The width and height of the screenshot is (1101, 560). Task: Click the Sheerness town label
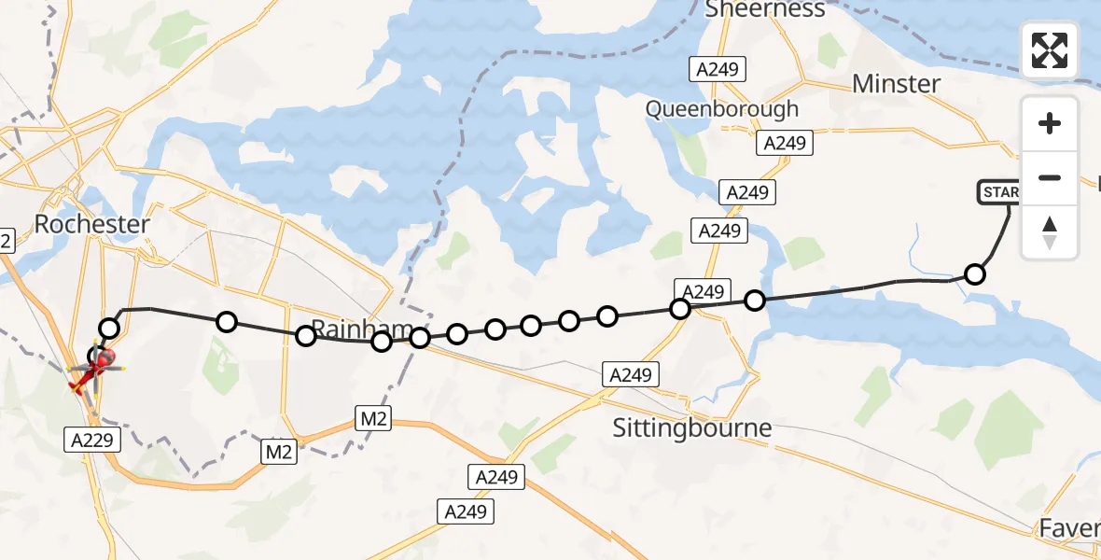(765, 9)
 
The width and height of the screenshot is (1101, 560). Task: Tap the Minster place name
(897, 84)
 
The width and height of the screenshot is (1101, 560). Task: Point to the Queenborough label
(722, 109)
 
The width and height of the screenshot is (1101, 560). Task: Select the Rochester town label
(91, 224)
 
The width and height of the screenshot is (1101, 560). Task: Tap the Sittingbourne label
(691, 428)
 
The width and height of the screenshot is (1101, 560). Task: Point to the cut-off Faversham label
(1073, 529)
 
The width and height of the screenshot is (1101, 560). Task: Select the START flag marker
(1000, 193)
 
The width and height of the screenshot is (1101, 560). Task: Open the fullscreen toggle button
(1050, 50)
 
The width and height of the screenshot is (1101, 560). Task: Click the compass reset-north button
(1050, 232)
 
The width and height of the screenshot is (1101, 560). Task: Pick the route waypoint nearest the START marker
(975, 274)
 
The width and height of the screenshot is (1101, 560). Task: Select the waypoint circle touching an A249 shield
(680, 308)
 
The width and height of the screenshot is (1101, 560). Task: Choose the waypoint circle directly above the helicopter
(110, 328)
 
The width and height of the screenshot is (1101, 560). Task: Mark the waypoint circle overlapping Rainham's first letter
(306, 336)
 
